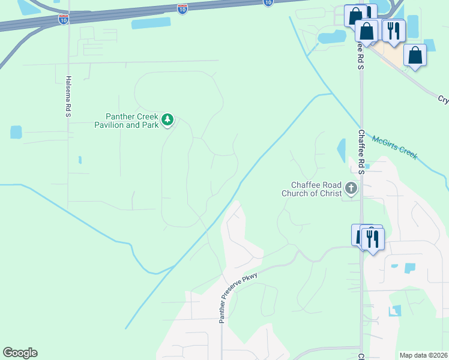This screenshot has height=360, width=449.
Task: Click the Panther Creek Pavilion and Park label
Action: [x=131, y=121]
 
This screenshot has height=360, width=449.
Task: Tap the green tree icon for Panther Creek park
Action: [x=167, y=120]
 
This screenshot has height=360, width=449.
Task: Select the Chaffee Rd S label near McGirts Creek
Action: [x=361, y=152]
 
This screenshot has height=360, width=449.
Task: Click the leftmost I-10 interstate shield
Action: [x=64, y=19]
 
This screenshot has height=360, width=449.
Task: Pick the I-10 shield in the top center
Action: [x=182, y=8]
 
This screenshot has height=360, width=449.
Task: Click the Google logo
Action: [x=20, y=353]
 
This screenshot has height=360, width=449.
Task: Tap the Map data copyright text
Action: [x=423, y=355]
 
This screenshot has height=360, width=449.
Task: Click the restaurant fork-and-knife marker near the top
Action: [x=393, y=30]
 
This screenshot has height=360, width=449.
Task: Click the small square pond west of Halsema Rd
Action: [x=16, y=132]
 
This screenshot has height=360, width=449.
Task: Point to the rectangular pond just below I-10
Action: [x=151, y=23]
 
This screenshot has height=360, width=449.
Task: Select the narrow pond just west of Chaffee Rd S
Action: [x=342, y=151]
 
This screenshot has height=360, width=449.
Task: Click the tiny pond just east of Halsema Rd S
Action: [x=80, y=160]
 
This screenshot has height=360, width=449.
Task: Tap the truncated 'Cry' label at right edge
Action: [x=442, y=99]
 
